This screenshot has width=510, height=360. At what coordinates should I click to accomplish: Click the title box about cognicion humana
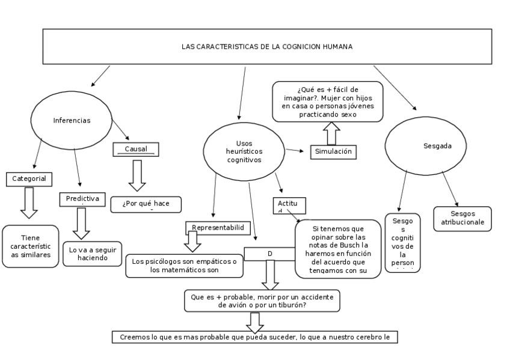267,46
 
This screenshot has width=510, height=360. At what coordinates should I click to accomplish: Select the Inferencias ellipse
72,120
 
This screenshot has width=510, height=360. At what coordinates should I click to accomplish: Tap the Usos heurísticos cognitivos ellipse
244,151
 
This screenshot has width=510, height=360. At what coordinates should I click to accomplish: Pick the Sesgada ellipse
428,145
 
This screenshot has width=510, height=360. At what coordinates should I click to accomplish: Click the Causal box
136,149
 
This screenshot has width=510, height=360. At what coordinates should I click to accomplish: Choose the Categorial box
29,178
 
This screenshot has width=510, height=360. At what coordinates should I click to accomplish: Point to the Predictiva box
82,199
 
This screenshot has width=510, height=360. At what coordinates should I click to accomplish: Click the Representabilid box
217,227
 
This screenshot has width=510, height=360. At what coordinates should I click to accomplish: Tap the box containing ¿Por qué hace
146,204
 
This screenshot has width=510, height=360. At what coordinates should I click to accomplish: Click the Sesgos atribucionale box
462,219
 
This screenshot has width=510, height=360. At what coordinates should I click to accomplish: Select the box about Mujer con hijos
327,102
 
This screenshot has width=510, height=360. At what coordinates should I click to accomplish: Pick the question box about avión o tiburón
262,301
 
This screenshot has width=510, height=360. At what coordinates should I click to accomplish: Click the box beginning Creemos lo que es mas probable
254,337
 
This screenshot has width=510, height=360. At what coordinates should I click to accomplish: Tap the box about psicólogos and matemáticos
184,266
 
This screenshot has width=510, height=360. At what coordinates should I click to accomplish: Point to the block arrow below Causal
138,175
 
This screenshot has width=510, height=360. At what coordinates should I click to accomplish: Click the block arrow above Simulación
330,133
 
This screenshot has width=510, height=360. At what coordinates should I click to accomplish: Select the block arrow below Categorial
29,202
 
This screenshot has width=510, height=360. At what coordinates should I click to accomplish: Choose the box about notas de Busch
339,249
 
